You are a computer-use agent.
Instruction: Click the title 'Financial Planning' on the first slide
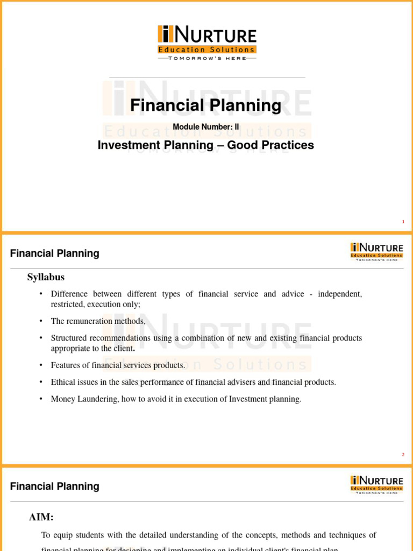pos(205,105)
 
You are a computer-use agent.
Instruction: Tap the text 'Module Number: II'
pos(205,127)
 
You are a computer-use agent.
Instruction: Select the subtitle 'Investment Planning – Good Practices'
pos(205,145)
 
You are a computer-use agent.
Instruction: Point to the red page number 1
pos(403,222)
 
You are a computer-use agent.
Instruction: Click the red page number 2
pos(403,455)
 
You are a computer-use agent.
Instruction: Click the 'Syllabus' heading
pos(46,277)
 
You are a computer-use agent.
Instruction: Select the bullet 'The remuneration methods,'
pos(98,321)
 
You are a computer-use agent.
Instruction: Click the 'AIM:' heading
pos(41,518)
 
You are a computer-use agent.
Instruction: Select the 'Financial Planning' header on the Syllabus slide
pos(55,253)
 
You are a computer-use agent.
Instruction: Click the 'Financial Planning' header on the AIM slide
pos(55,486)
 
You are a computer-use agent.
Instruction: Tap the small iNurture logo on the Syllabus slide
pos(376,250)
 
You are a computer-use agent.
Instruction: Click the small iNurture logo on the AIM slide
pos(376,483)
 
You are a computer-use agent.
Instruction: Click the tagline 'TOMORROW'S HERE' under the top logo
pos(207,58)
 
